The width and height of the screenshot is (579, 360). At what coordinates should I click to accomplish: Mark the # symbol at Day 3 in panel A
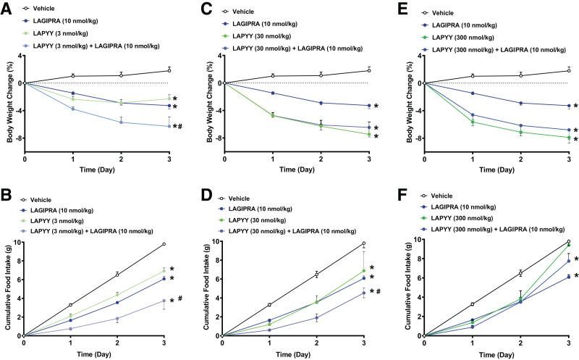click(x=179, y=127)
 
